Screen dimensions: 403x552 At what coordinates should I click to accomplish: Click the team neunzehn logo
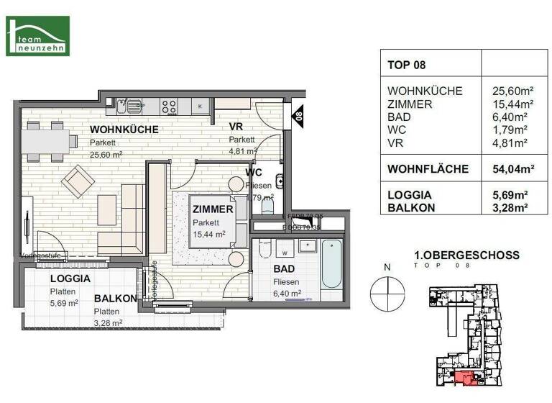tap(37, 35)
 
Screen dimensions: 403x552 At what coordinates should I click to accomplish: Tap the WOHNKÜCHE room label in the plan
tap(124, 130)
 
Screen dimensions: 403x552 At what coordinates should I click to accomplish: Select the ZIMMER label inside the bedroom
tap(213, 209)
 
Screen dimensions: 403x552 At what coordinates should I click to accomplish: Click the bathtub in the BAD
tap(333, 263)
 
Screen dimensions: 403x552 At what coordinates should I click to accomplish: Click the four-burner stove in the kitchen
tap(169, 107)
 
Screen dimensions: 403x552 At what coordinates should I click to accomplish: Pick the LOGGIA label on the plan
tap(70, 279)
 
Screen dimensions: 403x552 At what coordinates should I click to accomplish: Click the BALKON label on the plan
tap(115, 298)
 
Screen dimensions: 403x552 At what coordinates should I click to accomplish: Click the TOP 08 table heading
tap(407, 65)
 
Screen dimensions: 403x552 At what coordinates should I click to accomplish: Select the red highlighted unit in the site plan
tap(463, 378)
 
